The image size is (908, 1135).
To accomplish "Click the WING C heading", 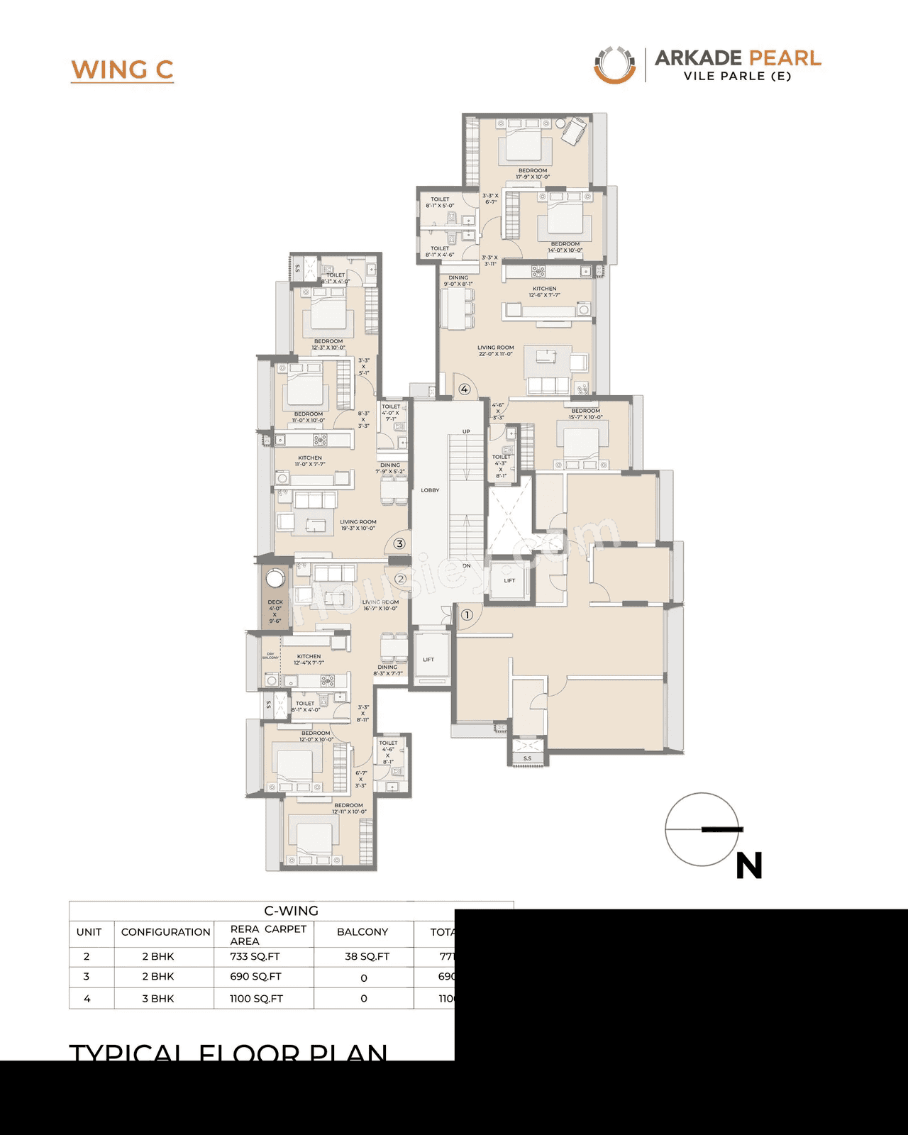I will [x=122, y=70].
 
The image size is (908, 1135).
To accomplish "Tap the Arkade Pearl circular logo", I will [x=614, y=65].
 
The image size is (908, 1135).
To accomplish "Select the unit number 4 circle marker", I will [x=464, y=389].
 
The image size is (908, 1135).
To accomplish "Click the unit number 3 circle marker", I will [x=399, y=544].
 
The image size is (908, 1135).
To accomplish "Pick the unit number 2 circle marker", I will [x=400, y=579].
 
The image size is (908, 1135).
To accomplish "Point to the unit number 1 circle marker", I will [x=467, y=615].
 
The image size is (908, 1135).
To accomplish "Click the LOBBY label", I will [x=430, y=490].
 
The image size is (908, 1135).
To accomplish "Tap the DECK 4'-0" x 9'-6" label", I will [x=275, y=611].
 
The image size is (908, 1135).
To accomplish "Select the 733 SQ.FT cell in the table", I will [x=255, y=956].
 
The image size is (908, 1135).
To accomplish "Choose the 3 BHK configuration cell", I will [x=158, y=998].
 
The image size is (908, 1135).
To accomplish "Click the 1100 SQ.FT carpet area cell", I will [x=256, y=998].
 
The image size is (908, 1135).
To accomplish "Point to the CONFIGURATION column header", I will [x=165, y=931].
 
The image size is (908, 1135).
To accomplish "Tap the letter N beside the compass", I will [x=749, y=866].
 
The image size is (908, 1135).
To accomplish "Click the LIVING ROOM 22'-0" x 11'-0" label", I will [x=495, y=350].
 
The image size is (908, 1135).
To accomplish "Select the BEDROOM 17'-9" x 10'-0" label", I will [x=532, y=173].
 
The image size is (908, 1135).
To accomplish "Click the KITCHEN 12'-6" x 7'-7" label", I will [x=544, y=292].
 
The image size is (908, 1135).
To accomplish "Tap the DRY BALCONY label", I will [x=270, y=655].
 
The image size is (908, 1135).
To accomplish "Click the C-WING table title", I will [x=291, y=910].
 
